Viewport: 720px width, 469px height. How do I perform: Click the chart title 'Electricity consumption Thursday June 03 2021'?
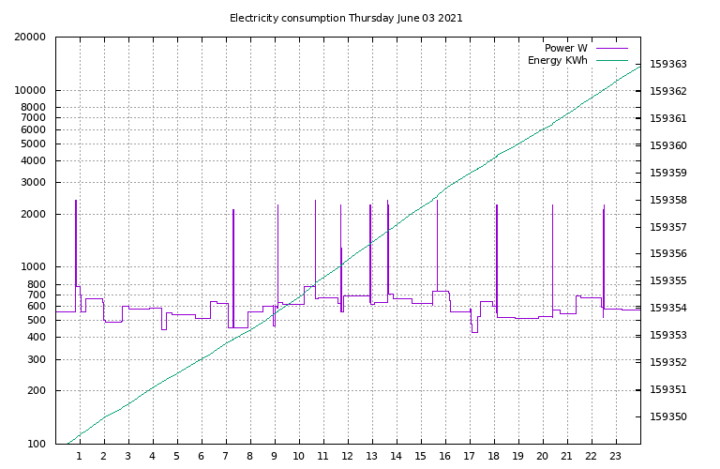pyautogui.click(x=346, y=18)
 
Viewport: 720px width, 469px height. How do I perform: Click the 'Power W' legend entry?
pyautogui.click(x=565, y=48)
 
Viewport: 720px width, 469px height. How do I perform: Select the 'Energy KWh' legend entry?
pyautogui.click(x=558, y=60)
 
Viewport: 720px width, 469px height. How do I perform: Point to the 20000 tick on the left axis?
pyautogui.click(x=30, y=38)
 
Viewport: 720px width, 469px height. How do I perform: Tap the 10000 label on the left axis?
pyautogui.click(x=30, y=91)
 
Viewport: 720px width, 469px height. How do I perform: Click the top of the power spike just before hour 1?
pyautogui.click(x=76, y=200)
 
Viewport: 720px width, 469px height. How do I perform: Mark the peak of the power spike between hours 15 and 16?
pyautogui.click(x=437, y=200)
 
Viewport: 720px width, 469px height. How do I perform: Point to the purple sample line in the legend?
pyautogui.click(x=611, y=48)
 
